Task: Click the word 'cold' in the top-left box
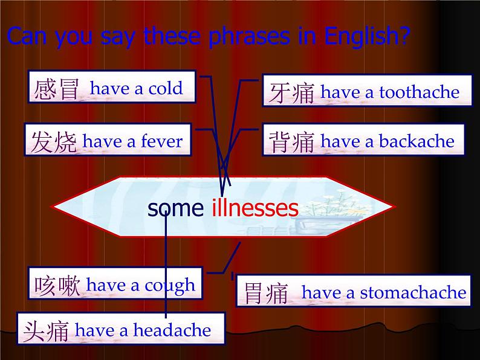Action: [166, 89]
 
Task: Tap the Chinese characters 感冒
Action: [57, 89]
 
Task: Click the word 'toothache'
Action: [420, 92]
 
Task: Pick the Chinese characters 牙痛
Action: [291, 93]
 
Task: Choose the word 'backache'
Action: [417, 141]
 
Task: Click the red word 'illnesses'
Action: [255, 208]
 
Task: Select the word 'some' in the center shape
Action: [175, 209]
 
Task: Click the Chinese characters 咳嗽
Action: [57, 286]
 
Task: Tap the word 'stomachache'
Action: [413, 293]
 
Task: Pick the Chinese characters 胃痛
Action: [265, 294]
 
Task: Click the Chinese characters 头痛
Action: [46, 331]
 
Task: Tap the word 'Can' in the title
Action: [25, 37]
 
